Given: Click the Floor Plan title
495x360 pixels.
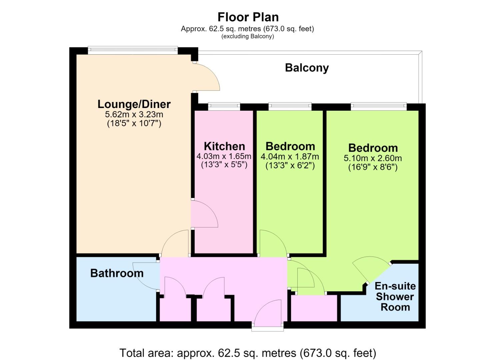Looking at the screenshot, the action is point(248,17).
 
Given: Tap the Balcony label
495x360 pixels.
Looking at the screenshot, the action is point(307,68).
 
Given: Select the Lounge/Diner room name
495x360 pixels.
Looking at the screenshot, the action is point(134,104).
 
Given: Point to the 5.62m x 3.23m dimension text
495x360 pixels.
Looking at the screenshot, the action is point(134,114).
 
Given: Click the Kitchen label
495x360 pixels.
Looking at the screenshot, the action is point(225,146).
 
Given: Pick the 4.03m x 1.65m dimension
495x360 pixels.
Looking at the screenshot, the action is point(224,156).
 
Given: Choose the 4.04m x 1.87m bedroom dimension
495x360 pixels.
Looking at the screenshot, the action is point(290,157).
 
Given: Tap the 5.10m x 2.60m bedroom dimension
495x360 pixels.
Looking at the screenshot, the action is point(373,158).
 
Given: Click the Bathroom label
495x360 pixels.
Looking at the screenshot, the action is point(117,273).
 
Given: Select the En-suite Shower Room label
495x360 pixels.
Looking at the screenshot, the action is point(395,297).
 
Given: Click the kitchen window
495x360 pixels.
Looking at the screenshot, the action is point(224,106).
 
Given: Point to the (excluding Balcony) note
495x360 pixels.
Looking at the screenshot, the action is point(248,36).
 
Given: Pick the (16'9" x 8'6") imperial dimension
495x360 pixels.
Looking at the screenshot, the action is point(373,167).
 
